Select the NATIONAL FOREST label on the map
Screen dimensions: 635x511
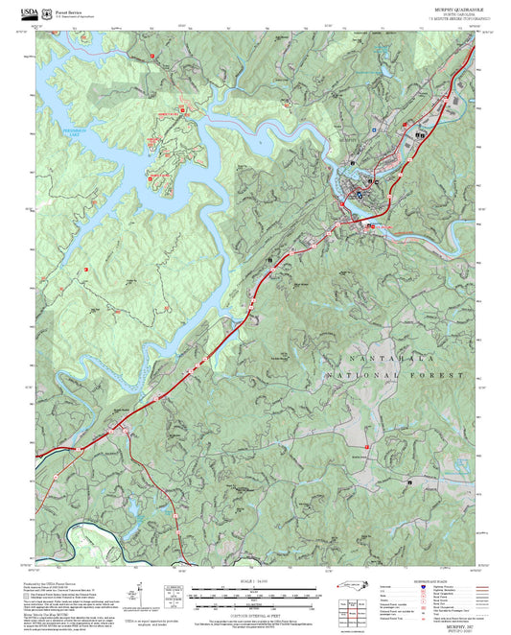click(403, 375)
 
